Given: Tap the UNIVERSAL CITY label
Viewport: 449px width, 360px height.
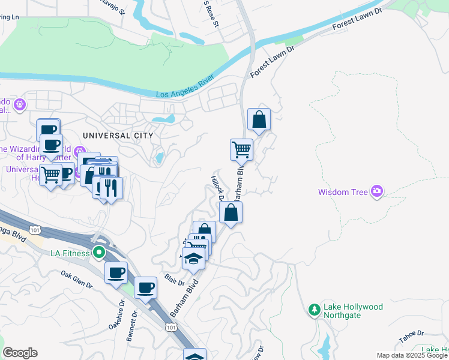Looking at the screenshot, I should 118,136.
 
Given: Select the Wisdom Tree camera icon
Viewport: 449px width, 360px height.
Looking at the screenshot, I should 377,192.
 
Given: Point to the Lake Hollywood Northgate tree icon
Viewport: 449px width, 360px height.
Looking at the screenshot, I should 313,310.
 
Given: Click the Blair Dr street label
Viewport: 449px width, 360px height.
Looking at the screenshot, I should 174,280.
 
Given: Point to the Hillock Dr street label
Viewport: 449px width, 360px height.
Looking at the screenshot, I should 217,188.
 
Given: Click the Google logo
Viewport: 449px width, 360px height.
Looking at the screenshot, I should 20,353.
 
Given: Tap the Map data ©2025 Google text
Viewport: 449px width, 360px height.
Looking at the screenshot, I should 412,355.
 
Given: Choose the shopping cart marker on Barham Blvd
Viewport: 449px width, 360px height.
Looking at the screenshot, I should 241,150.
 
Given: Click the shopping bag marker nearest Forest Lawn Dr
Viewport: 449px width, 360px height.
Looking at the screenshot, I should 259,119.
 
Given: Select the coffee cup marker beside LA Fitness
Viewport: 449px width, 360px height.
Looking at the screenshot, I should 116,272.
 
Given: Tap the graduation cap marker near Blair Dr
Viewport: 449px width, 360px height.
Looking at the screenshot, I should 193,259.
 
